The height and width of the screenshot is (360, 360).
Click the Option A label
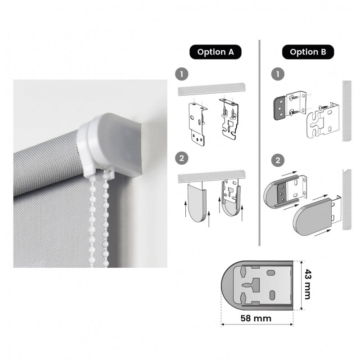tap(216, 52)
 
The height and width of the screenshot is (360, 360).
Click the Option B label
tap(308, 52)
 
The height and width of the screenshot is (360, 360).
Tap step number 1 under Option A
tap(182, 74)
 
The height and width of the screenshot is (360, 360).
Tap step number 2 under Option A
tap(182, 158)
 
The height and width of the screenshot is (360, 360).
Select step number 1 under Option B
tap(278, 74)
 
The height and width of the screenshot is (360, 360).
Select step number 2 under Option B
tap(278, 160)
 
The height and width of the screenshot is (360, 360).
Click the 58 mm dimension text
tap(256, 319)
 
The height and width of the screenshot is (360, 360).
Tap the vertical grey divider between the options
tap(260, 143)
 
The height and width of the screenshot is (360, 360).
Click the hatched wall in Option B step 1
tap(347, 111)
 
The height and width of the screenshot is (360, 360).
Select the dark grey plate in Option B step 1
tap(280, 108)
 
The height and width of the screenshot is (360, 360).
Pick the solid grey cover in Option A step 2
tap(197, 203)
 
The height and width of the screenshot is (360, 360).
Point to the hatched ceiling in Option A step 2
tap(211, 176)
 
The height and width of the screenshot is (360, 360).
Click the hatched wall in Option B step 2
tap(347, 199)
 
